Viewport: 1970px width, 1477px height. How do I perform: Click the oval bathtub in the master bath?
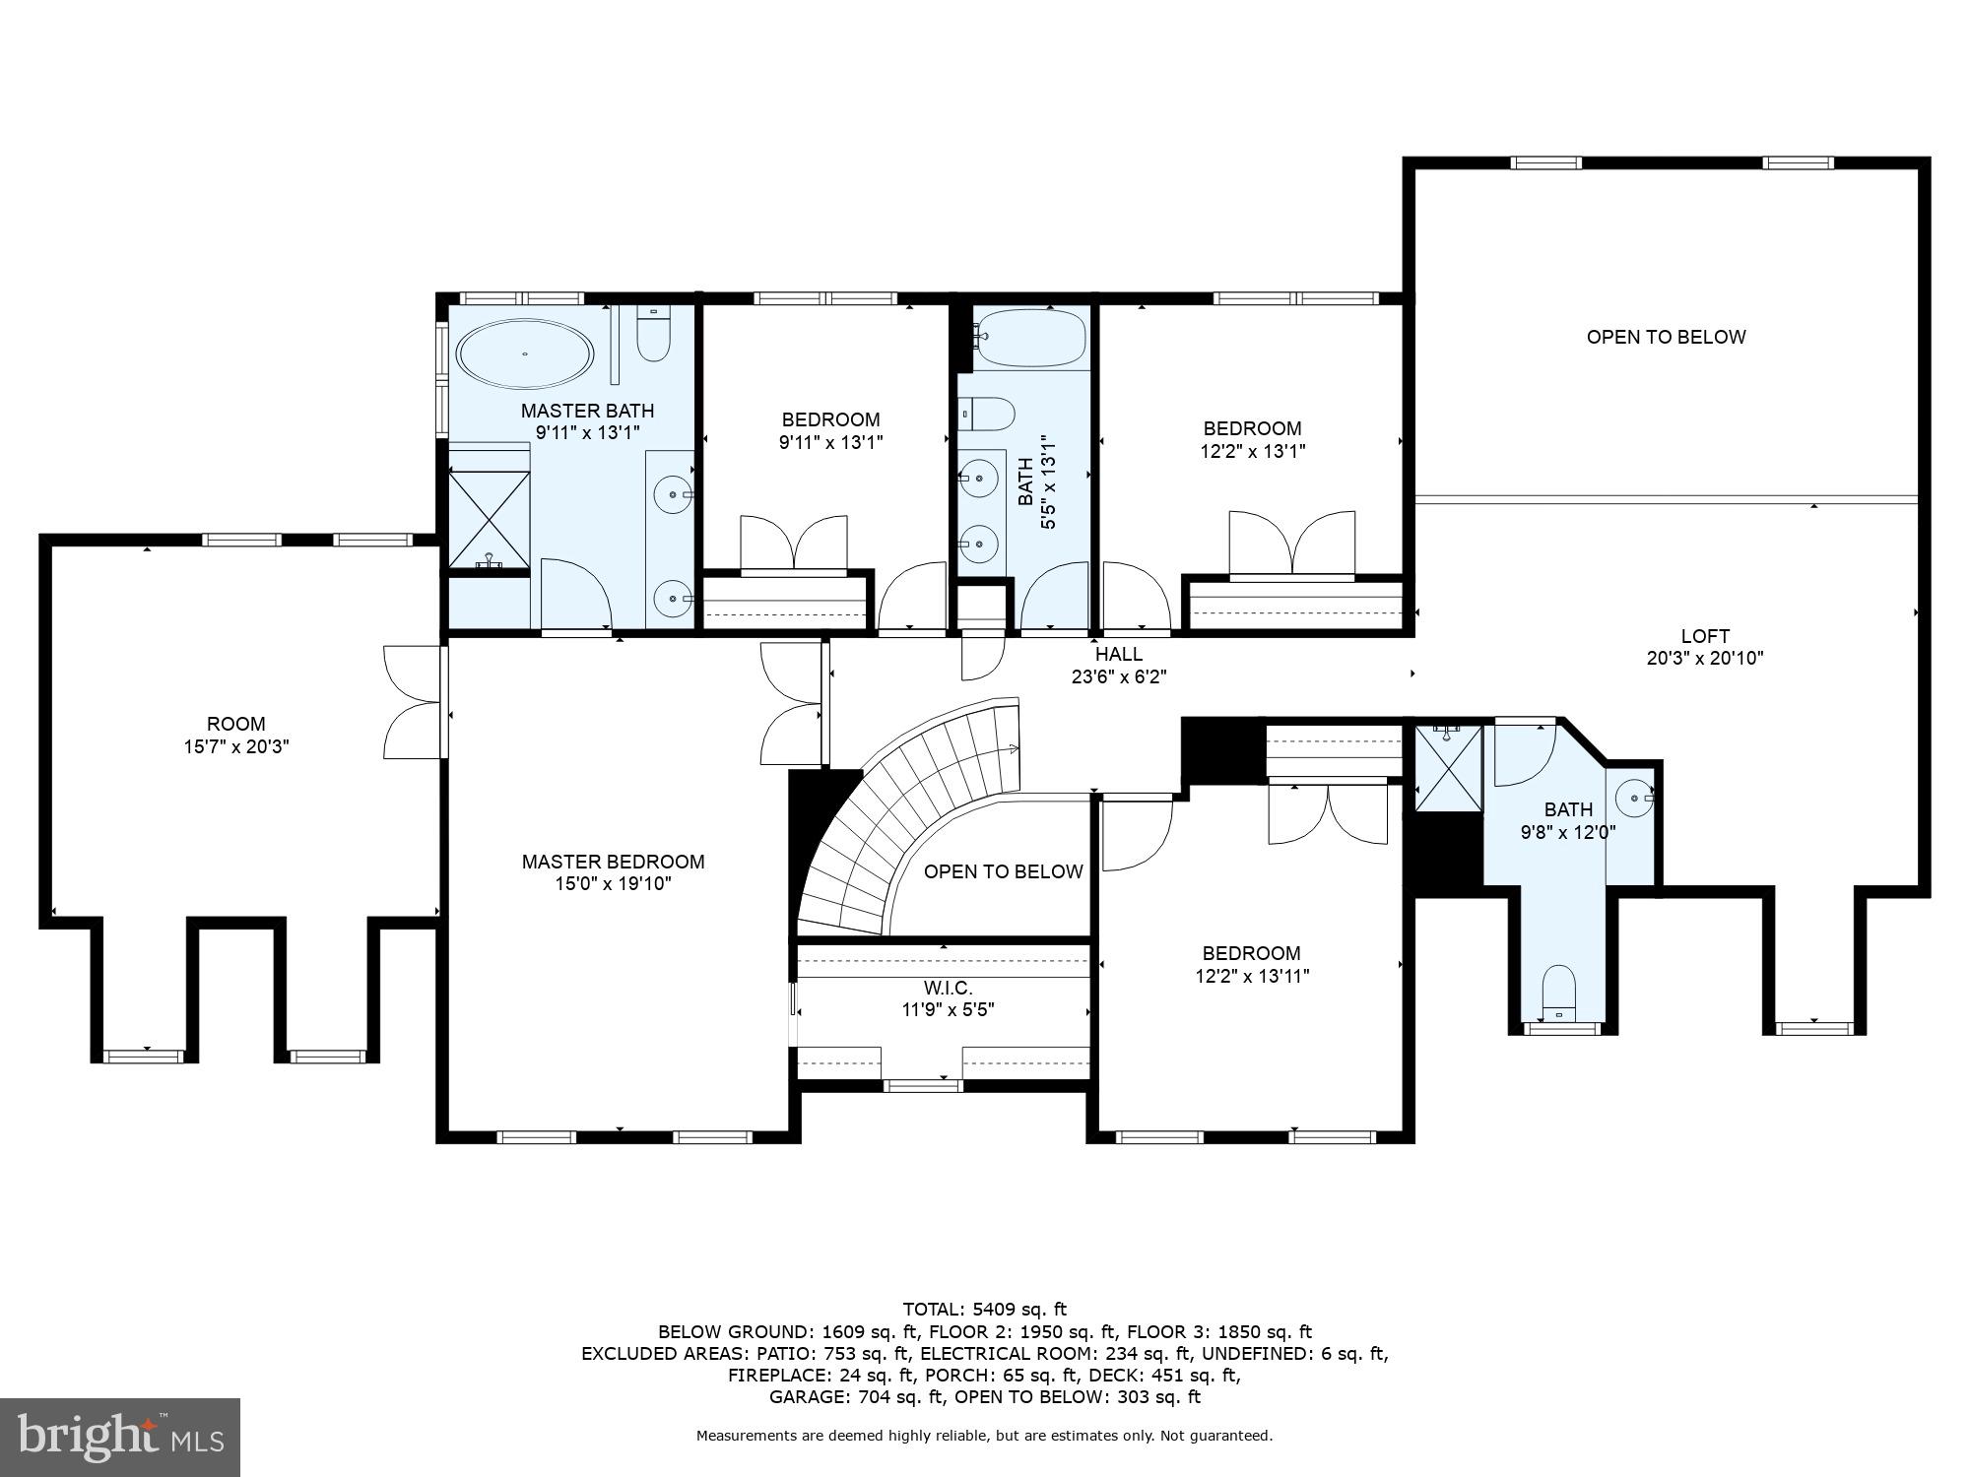point(525,353)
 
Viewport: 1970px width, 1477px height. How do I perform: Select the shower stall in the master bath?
point(490,519)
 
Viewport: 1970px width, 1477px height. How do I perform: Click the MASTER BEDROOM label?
point(613,862)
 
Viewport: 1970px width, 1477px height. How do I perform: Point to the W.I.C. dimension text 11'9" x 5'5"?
point(949,1009)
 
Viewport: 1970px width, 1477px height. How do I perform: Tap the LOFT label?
point(1704,636)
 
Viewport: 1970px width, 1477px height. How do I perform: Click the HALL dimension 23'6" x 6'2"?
point(1119,676)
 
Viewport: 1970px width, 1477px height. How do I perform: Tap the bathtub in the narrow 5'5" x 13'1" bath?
point(1030,338)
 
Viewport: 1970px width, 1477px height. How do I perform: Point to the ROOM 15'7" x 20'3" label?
point(236,735)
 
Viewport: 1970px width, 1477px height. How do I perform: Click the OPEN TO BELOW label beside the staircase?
point(1003,871)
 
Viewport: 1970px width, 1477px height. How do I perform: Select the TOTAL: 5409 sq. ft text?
point(984,1309)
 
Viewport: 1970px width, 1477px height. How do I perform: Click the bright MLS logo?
point(120,1438)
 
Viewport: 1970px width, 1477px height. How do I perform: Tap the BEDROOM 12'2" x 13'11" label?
point(1251,964)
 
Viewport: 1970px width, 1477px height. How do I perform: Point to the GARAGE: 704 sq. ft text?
point(856,1396)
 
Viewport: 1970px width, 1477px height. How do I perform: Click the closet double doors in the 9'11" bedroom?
point(793,544)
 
